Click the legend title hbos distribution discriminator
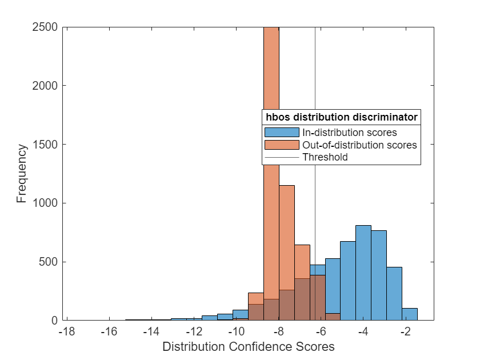click(x=341, y=117)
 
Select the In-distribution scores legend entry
click(x=349, y=133)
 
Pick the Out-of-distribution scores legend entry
click(x=359, y=145)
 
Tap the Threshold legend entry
click(x=325, y=157)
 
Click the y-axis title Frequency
click(x=22, y=174)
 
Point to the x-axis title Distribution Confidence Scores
click(x=248, y=347)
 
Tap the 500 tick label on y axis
click(x=49, y=262)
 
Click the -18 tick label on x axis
click(x=67, y=332)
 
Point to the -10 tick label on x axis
click(x=236, y=332)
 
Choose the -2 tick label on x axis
click(x=405, y=332)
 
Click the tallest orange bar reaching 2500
click(x=271, y=171)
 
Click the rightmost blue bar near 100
click(x=409, y=314)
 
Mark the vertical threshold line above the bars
click(x=315, y=69)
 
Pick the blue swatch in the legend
click(x=281, y=133)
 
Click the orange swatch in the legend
click(x=281, y=145)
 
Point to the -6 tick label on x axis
click(x=321, y=332)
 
